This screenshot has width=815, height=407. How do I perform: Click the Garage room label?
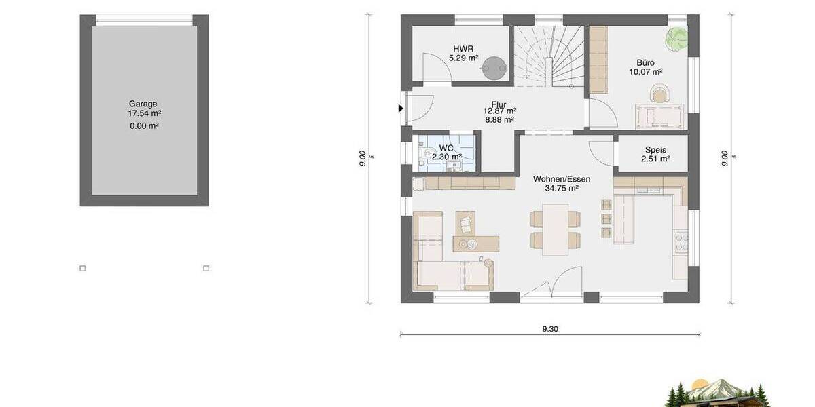click(143, 104)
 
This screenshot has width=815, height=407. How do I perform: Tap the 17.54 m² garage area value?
click(143, 114)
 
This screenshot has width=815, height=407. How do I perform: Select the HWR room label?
click(463, 48)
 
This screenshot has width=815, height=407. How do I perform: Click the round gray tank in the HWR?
click(495, 64)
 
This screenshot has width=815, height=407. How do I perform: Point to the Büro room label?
click(646, 60)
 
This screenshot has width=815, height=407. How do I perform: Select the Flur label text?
click(499, 104)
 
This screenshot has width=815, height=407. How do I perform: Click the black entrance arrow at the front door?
click(401, 108)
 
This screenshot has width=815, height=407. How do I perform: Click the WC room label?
click(446, 148)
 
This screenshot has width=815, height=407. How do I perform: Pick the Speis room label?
click(655, 150)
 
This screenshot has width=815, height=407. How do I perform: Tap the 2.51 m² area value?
click(655, 159)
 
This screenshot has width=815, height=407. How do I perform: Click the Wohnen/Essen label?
click(561, 179)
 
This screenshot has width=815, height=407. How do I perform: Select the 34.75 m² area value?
click(561, 189)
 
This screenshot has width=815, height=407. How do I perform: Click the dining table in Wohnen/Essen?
click(556, 229)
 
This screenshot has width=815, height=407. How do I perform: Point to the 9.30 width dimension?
click(550, 329)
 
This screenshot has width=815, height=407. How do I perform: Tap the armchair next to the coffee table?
click(466, 222)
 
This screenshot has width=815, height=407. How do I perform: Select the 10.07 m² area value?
click(646, 71)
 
